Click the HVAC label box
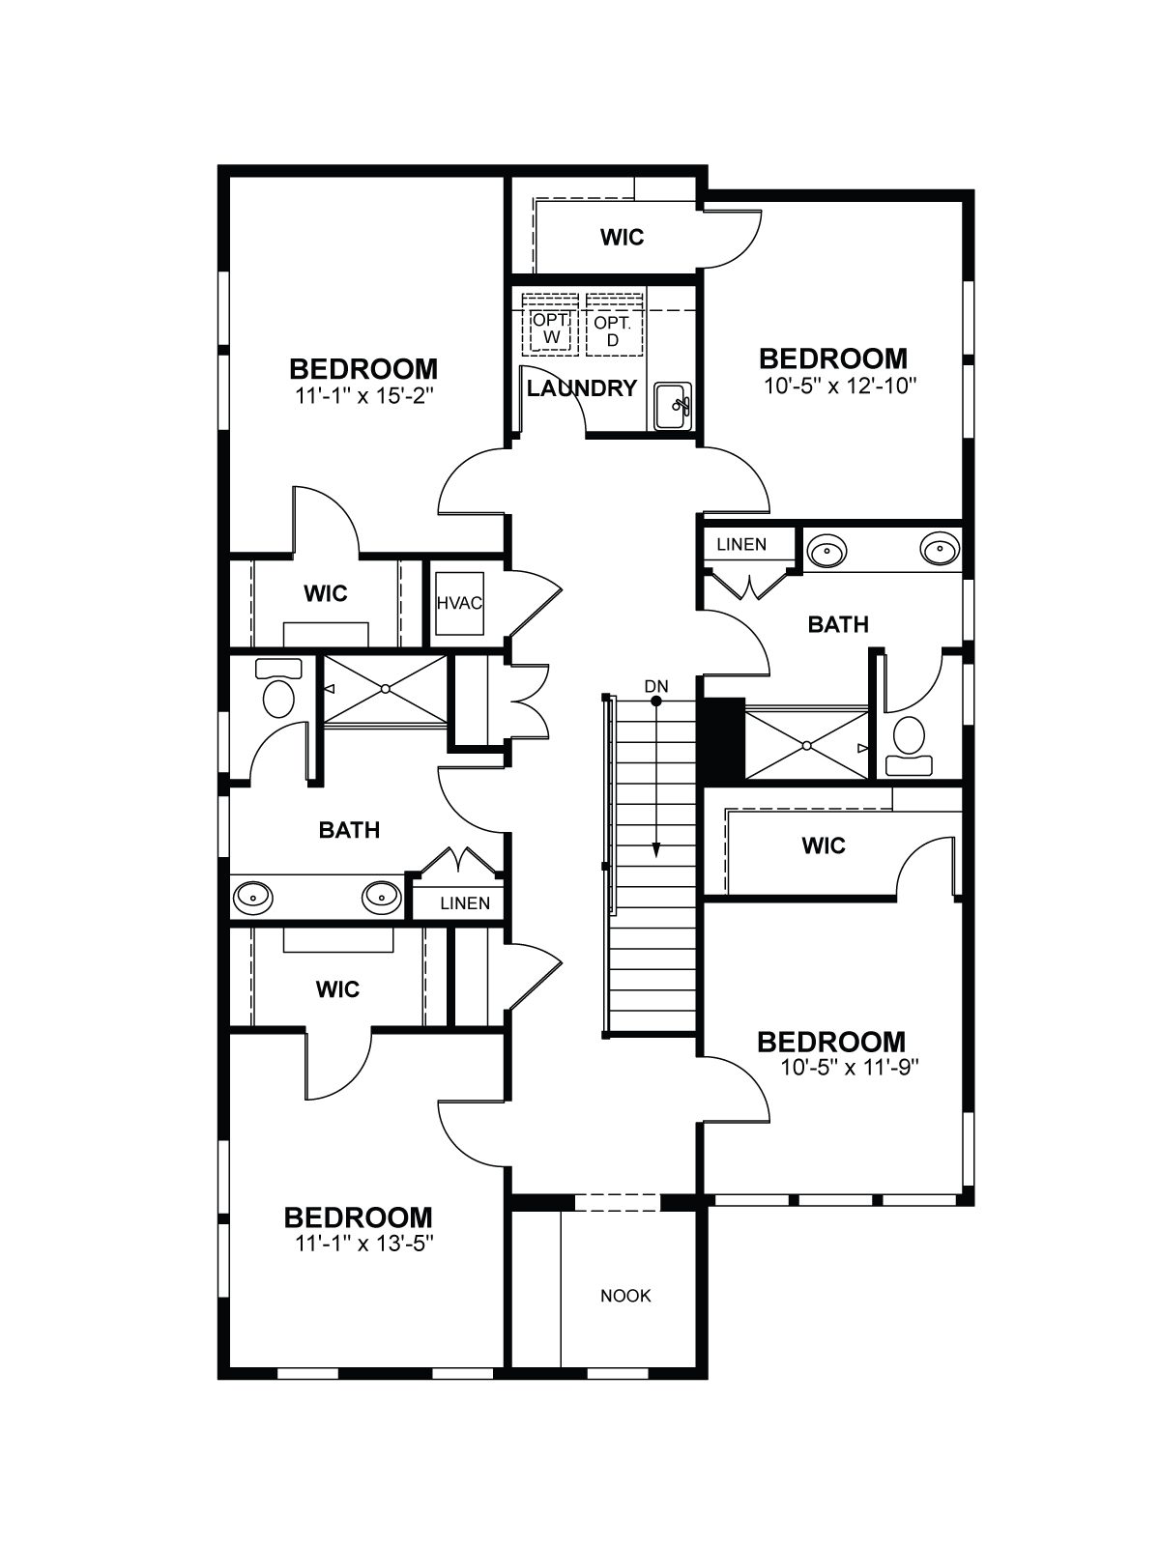pos(459,603)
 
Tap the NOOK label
pos(625,1296)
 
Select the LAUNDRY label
pos(582,388)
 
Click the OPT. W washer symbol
pos(550,325)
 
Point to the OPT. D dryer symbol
pos(614,325)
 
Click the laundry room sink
pos(674,407)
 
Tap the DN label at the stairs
pos(655,686)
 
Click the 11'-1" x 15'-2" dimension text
pos(363,396)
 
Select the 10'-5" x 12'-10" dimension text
pos(839,386)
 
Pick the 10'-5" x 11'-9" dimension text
pos(850,1068)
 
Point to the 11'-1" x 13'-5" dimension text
pos(363,1244)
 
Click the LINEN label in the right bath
pos(741,544)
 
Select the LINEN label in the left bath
pos(465,902)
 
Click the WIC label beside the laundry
pos(622,238)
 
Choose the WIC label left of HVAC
pos(326,593)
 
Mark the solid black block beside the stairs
pos(720,738)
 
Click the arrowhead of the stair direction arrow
pos(655,850)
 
